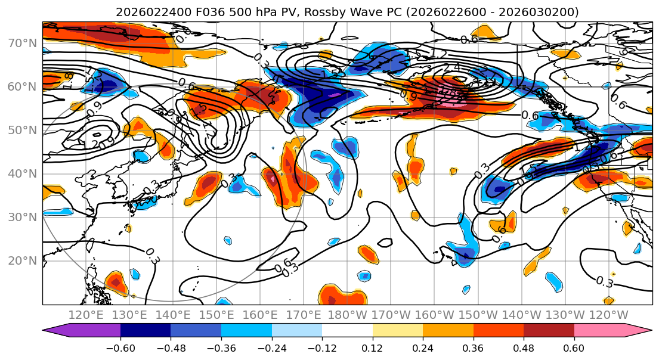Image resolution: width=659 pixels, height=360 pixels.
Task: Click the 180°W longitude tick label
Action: pos(347,315)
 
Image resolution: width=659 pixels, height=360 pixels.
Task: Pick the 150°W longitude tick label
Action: pos(478,315)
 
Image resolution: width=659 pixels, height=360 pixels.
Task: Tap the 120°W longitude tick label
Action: pos(609,315)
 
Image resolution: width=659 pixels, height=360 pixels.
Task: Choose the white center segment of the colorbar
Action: pos(347,331)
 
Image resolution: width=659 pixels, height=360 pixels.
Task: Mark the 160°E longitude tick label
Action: pos(260,315)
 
